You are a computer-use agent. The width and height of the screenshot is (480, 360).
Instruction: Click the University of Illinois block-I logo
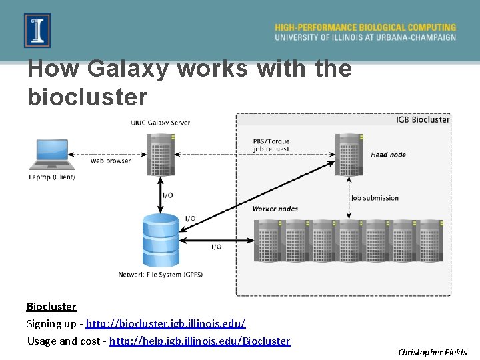(37, 31)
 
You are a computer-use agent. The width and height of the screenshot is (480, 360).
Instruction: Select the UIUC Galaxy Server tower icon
(161, 153)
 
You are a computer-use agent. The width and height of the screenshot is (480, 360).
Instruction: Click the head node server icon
(349, 153)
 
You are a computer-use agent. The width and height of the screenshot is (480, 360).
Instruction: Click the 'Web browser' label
(111, 161)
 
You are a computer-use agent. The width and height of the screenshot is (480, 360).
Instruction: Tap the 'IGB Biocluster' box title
(423, 120)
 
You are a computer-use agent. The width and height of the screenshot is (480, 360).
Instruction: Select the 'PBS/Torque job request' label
(271, 145)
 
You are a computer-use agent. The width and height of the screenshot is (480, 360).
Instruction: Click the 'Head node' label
(388, 155)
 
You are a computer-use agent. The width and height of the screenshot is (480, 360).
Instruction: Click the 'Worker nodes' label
(275, 209)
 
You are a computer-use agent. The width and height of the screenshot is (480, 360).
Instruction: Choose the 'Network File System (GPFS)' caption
(161, 275)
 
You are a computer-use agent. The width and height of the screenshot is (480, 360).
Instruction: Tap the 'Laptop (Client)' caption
(52, 177)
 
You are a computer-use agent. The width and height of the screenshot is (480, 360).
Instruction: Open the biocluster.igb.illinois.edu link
(166, 323)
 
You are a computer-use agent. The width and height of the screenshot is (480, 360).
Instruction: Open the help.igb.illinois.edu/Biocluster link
(199, 341)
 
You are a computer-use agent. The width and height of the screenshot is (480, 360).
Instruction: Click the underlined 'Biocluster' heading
(51, 307)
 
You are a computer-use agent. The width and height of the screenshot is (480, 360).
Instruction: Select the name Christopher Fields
(432, 352)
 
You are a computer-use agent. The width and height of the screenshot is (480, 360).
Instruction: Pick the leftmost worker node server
(268, 240)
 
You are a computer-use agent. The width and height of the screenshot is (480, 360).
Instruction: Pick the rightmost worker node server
(430, 240)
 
